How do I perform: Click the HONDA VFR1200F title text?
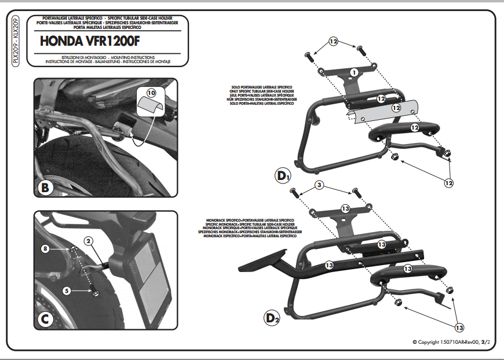click(90, 42)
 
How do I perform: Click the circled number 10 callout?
click(151, 93)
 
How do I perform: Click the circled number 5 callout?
click(67, 291)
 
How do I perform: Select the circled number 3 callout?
click(319, 185)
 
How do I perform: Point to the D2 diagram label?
click(272, 317)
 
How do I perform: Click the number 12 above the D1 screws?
click(333, 42)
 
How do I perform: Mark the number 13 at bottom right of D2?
click(459, 328)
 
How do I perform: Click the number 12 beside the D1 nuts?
click(448, 183)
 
